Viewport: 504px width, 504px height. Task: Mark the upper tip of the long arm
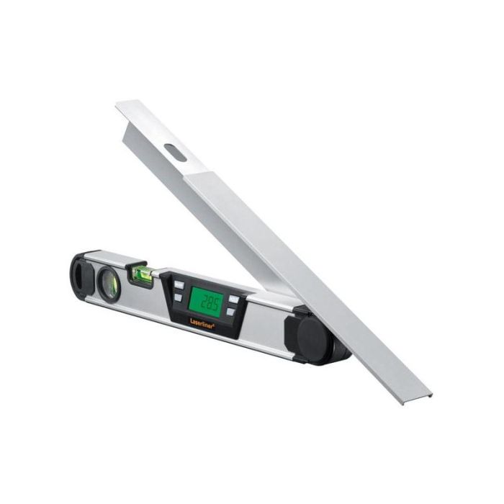coord(120,105)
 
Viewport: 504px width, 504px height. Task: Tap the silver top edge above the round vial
coord(108,257)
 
